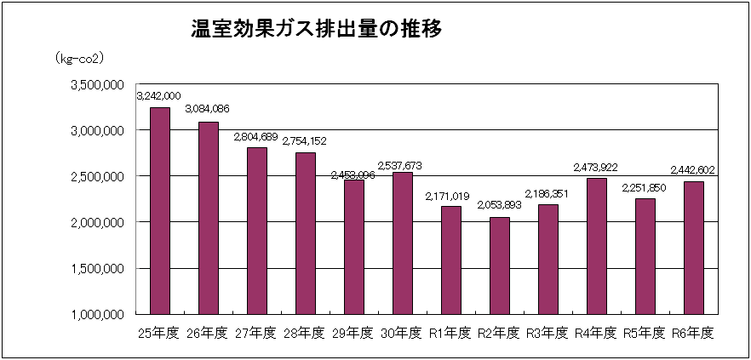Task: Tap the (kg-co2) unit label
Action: point(79,59)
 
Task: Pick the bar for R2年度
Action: point(499,265)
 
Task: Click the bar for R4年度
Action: point(596,245)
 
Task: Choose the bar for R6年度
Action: point(693,247)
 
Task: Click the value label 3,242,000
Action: point(158,97)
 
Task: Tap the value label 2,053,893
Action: point(500,207)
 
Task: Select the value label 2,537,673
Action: point(402,165)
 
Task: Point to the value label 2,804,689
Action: point(256,136)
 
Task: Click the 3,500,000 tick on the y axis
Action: point(97,85)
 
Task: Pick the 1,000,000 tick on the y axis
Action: point(97,314)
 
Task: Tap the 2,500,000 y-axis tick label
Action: point(97,176)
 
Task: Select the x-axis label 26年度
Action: point(208,333)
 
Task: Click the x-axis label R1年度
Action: point(450,333)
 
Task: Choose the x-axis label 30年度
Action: point(402,333)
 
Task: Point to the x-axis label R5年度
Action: point(645,333)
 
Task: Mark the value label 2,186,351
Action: point(547,194)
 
